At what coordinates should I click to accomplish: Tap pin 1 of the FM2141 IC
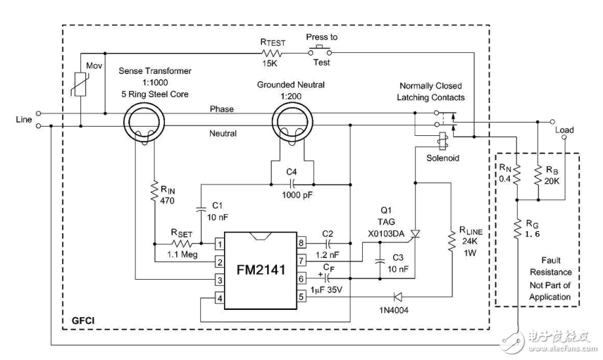tap(219, 244)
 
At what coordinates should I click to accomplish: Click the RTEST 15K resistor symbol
tap(271, 52)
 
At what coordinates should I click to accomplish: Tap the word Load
tap(565, 130)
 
